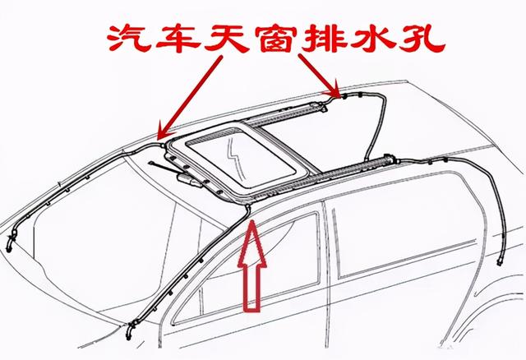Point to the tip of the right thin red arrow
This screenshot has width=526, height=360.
337,92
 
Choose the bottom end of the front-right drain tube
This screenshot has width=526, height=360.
129,335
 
